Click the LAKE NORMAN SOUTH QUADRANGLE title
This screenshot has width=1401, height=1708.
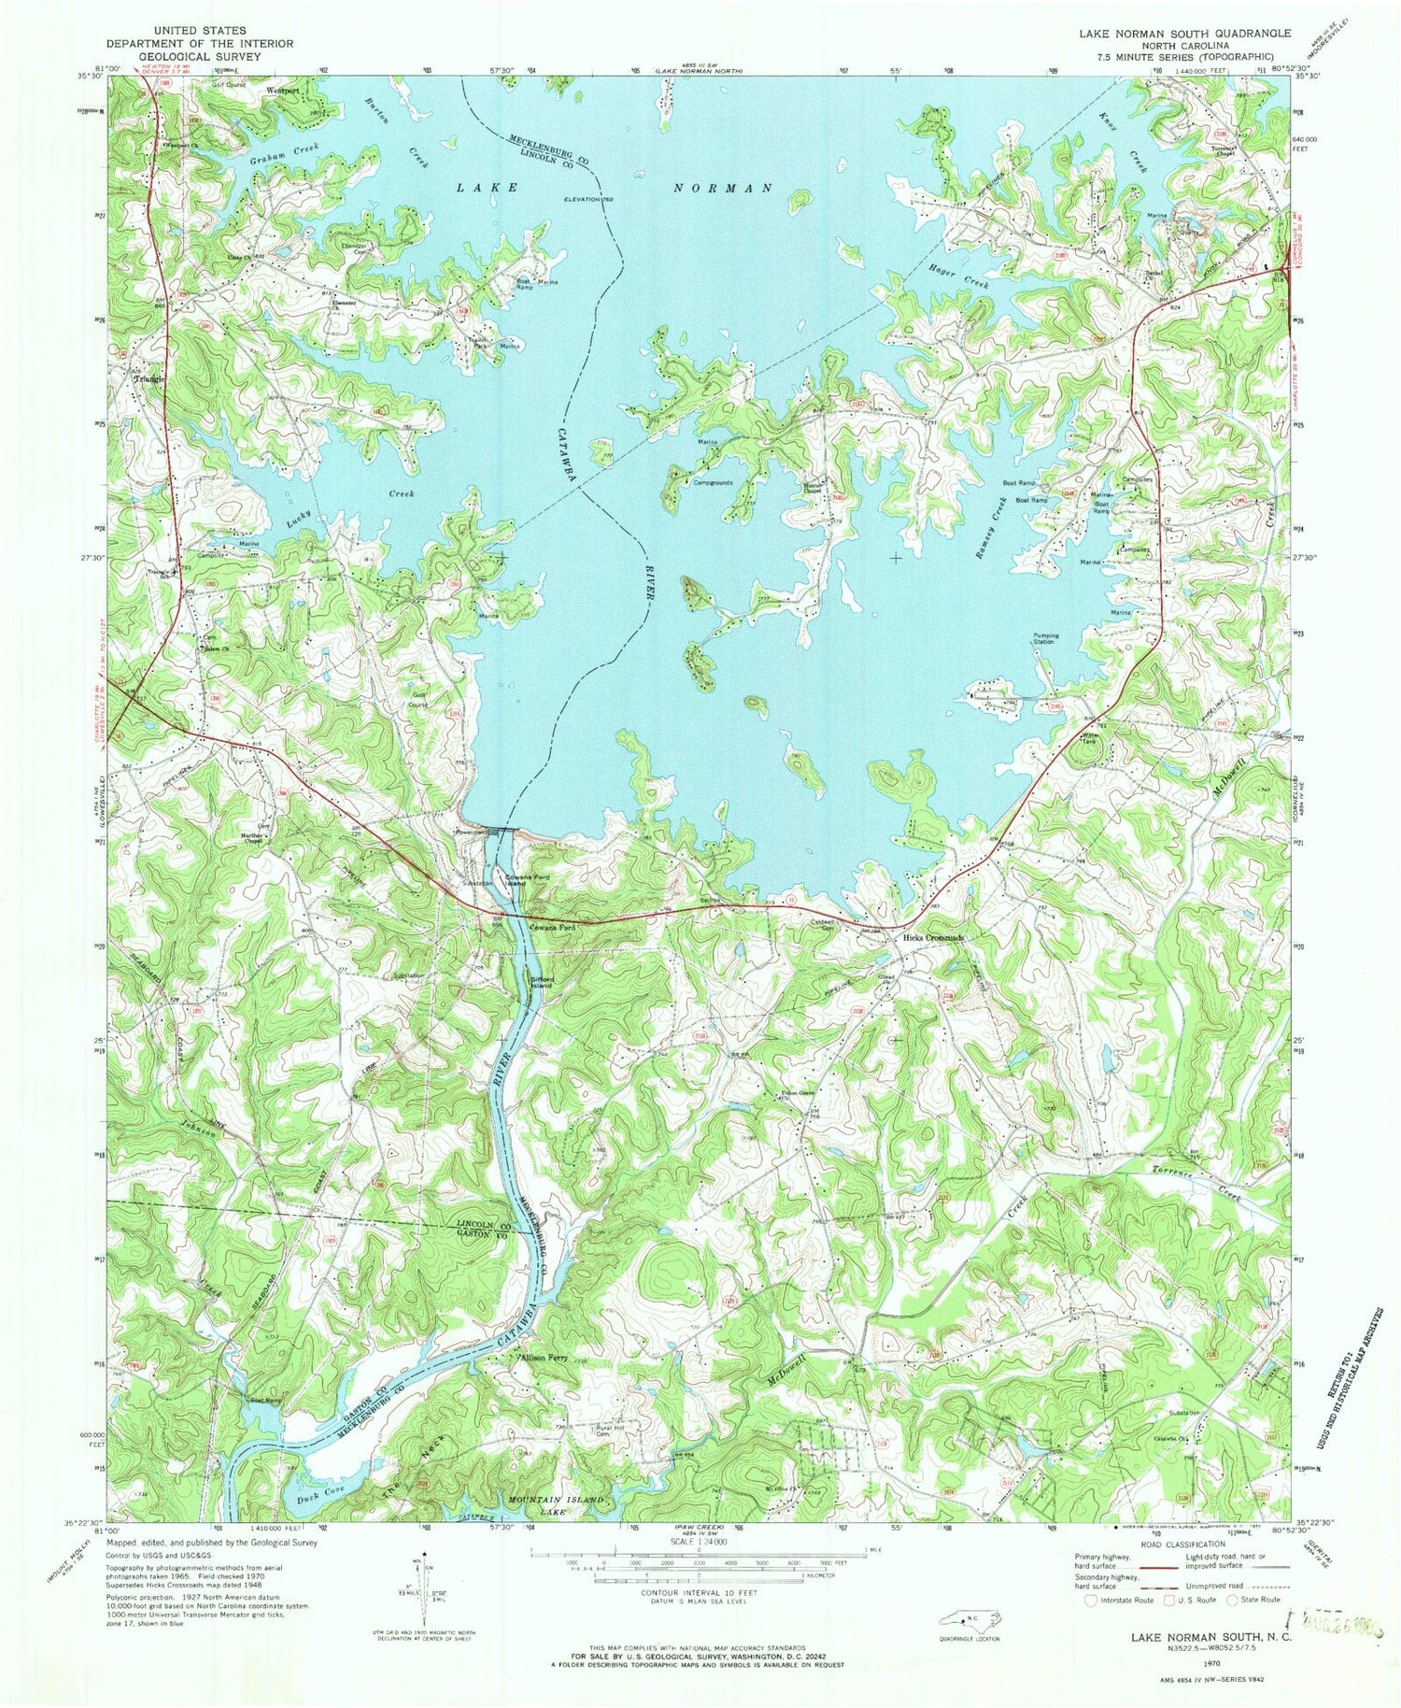[x=1185, y=33]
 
